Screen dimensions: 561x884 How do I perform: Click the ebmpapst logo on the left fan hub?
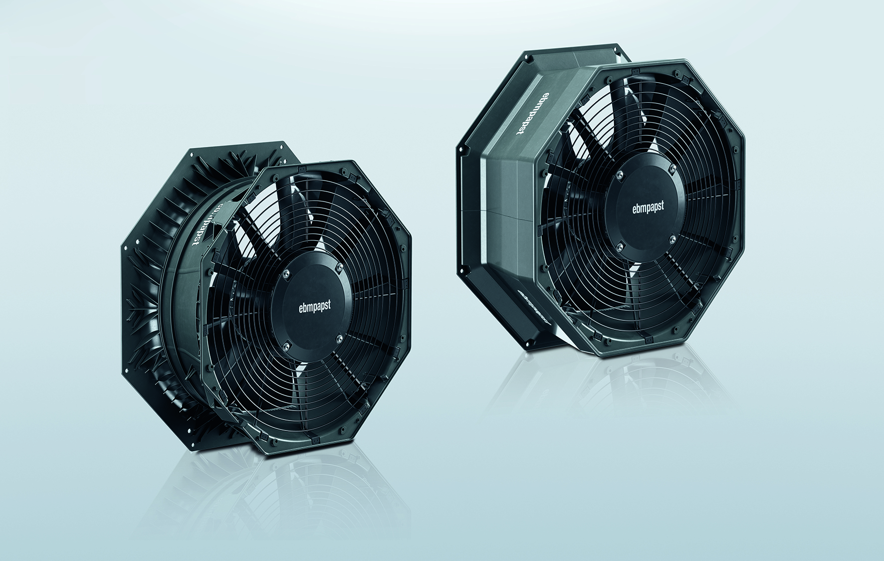[312, 305]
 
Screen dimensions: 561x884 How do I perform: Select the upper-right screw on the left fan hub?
[339, 268]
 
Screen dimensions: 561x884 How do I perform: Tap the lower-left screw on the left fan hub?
[286, 345]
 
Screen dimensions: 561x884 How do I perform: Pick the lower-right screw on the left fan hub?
[339, 339]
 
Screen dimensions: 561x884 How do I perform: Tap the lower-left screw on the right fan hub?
[619, 245]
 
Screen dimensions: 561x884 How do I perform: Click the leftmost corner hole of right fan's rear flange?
[461, 148]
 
